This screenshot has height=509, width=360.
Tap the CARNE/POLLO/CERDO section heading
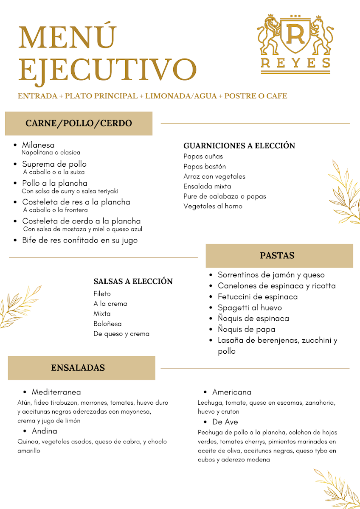[79, 123]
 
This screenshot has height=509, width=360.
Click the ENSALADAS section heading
[78, 368]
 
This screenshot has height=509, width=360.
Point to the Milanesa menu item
[38, 145]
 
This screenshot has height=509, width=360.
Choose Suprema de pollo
[54, 164]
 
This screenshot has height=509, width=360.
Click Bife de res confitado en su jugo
[80, 240]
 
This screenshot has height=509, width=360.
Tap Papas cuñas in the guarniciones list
[203, 157]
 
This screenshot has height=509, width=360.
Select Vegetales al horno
[213, 206]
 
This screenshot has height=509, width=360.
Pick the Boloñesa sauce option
[107, 324]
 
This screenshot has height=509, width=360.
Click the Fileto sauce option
[102, 294]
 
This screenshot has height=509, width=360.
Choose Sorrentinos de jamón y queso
[271, 275]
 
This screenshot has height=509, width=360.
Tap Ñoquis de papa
[246, 329]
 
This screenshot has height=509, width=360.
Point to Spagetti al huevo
[250, 308]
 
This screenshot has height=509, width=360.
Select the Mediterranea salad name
[56, 392]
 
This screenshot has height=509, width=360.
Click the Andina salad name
[44, 431]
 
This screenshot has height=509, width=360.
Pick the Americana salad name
[232, 392]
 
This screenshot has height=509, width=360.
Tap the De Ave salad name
[225, 422]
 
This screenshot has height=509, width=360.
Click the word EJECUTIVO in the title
[107, 69]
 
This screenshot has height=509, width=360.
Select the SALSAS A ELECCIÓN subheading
[133, 281]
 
